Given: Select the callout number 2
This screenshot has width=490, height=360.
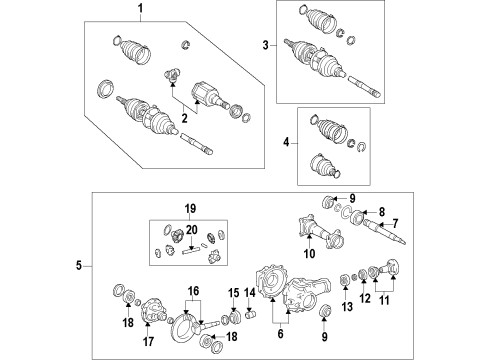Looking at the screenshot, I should [x=185, y=118].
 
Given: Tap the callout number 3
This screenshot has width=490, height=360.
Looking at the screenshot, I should [x=266, y=45].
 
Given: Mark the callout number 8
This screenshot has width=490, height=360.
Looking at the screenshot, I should [x=381, y=211].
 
